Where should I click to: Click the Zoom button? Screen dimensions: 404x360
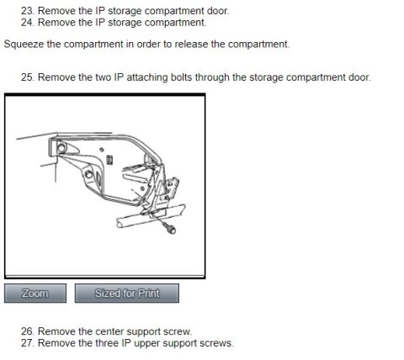click(35, 294)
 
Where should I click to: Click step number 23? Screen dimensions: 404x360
click(28, 11)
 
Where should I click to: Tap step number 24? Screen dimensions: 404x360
click(28, 23)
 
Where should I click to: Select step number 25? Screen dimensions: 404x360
click(28, 77)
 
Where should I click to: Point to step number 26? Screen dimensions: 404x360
click(28, 331)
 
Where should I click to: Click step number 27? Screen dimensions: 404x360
click(28, 343)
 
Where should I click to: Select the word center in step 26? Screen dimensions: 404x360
click(109, 331)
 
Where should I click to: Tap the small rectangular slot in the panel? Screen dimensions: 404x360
click(110, 160)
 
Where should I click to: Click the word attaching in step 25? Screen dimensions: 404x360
click(147, 77)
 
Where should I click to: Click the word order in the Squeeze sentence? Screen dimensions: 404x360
click(148, 45)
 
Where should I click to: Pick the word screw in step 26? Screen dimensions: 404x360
click(178, 332)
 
